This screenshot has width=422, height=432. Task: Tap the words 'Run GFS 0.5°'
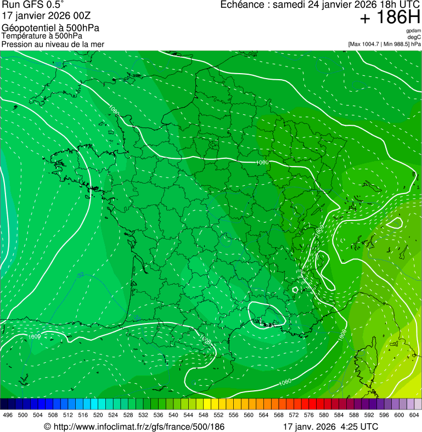32,5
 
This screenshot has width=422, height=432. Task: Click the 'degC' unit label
414,37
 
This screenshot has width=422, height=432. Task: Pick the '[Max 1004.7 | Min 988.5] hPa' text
384,43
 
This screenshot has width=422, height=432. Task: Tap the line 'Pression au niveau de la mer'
53,44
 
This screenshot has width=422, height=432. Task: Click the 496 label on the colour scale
8,416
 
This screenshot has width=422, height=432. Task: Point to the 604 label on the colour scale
414,416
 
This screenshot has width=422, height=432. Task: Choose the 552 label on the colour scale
218,416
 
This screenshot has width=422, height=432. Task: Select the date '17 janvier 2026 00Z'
42,15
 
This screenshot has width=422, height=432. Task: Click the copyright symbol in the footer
47,427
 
